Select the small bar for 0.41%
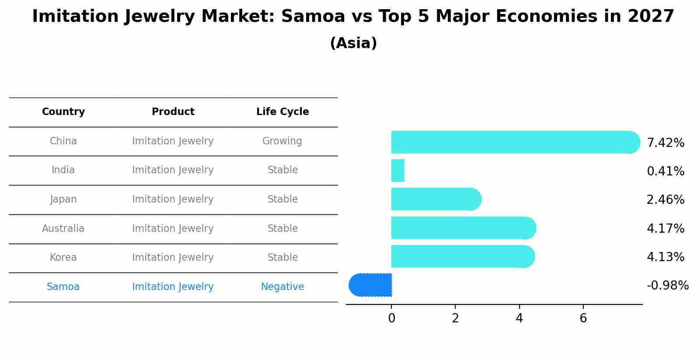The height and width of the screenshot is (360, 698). pos(398,171)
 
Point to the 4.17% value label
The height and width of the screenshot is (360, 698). pos(665,228)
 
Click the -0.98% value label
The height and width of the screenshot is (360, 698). pos(667,286)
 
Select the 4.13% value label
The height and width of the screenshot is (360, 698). pos(665,257)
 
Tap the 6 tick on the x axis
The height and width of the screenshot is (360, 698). pos(583,318)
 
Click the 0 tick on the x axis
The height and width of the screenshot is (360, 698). pos(391,318)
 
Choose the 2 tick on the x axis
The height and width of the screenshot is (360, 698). pos(455,318)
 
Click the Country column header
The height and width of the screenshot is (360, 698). pos(63,112)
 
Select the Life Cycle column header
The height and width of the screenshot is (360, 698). pos(283,112)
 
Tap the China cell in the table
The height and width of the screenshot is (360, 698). pos(63,141)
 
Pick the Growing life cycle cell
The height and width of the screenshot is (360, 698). pos(282,141)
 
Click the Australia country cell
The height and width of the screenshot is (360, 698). pos(63,228)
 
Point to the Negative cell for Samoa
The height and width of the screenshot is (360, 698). pos(283,287)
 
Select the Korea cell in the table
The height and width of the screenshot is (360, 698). pos(63,257)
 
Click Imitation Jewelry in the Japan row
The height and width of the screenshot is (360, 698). pos(173,199)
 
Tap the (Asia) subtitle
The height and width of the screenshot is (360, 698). pos(353,43)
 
